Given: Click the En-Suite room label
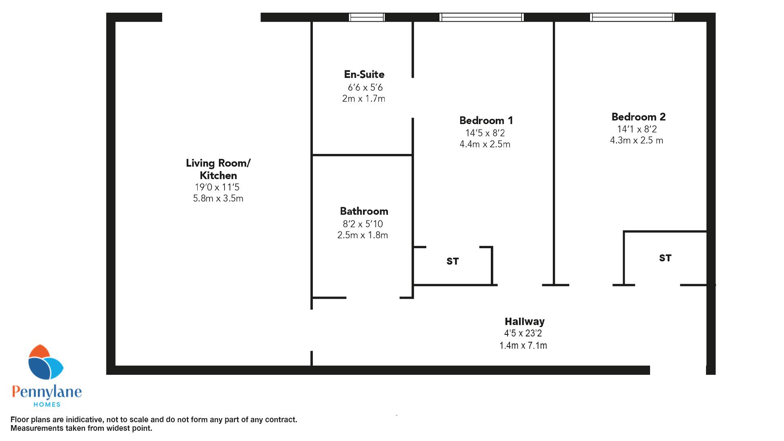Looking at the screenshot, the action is click(x=364, y=74).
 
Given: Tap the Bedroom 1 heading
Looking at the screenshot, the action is click(x=486, y=120).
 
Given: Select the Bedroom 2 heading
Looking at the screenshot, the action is click(x=638, y=117).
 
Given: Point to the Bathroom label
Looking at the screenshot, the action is click(x=364, y=211).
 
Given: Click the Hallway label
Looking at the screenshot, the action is click(x=525, y=322).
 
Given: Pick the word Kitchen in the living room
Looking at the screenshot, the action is click(x=218, y=176).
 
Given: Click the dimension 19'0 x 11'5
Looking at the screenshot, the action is click(x=217, y=187).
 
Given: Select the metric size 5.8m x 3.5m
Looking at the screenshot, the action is click(x=218, y=198).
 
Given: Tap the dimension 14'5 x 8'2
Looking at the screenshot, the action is click(x=485, y=133).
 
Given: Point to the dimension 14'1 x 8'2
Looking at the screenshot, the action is click(x=637, y=129).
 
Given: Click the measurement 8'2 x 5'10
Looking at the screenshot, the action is click(x=363, y=224).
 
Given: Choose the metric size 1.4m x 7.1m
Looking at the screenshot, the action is click(x=523, y=345).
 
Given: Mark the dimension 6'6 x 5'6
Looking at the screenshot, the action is click(x=365, y=87).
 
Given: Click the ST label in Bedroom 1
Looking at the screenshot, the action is click(x=452, y=261).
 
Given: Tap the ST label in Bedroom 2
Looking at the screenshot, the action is click(x=665, y=258).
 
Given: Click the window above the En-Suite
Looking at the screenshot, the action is click(x=367, y=17).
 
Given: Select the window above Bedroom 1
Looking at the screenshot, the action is click(x=481, y=17).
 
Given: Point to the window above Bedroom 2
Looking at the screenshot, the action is click(x=632, y=17).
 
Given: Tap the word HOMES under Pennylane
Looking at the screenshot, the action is click(x=47, y=404).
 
